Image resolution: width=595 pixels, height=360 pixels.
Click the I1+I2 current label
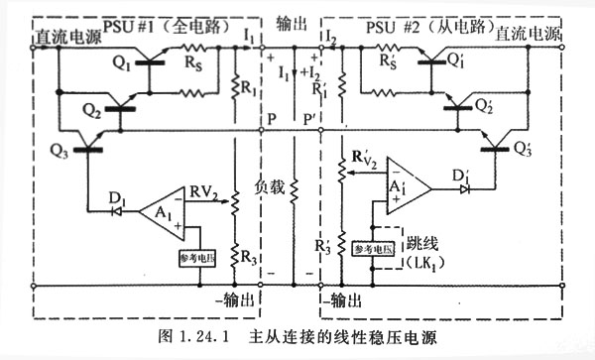[296, 74]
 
